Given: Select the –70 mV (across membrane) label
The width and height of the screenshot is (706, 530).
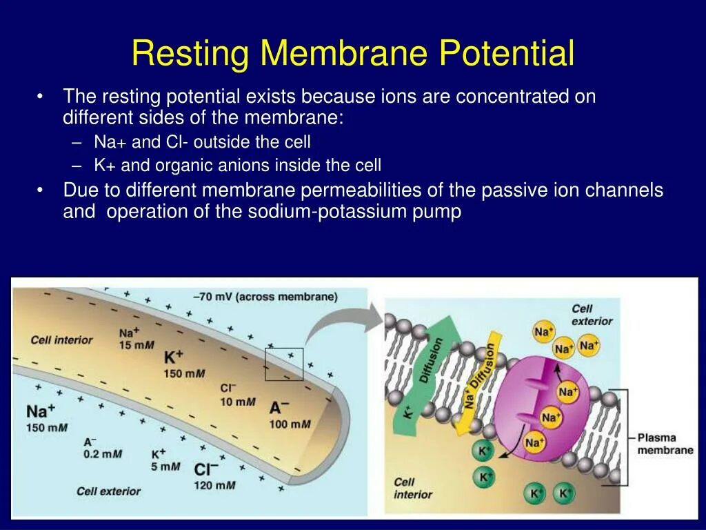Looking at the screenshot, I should coord(265,297).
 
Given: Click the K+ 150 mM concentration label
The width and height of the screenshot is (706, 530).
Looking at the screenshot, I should coord(183,364).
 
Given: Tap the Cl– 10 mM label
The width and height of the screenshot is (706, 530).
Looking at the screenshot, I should coord(237,395).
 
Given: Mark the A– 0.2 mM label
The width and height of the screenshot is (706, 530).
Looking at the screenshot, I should coord(102,448).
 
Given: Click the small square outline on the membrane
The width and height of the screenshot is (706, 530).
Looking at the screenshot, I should coord(283,363).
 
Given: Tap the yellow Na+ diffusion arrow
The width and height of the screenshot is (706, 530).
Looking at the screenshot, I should coord(481,373).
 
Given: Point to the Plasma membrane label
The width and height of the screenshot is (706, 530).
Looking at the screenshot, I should coord(665,444).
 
